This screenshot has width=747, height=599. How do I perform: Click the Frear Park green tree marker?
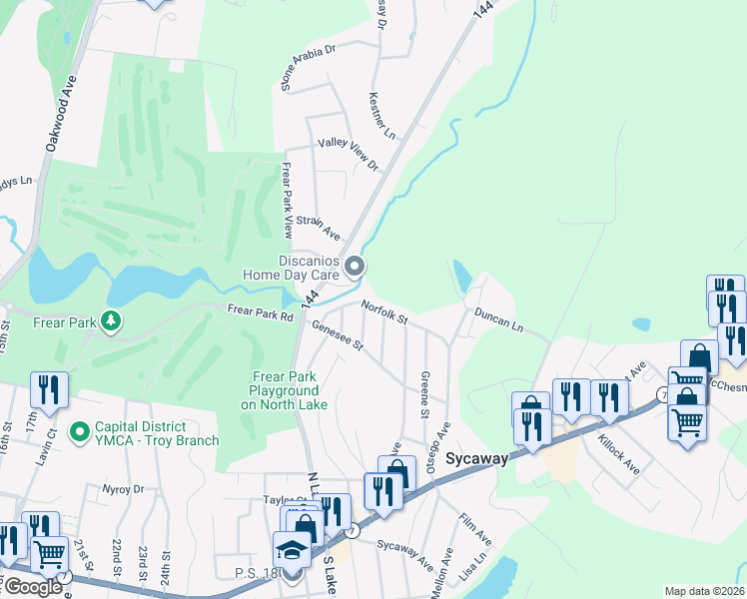tap(113, 321)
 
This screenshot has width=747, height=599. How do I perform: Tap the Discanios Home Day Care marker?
tap(356, 266)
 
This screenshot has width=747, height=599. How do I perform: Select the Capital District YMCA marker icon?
tap(79, 433)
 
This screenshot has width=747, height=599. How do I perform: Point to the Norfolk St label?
tap(384, 312)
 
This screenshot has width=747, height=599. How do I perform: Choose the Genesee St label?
tap(337, 340)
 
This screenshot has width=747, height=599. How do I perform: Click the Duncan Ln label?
tap(498, 318)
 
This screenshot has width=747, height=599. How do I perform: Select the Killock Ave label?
tap(618, 451)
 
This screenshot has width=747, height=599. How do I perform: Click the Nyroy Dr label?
tap(124, 489)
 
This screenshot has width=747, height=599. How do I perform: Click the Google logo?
tap(32, 586)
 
